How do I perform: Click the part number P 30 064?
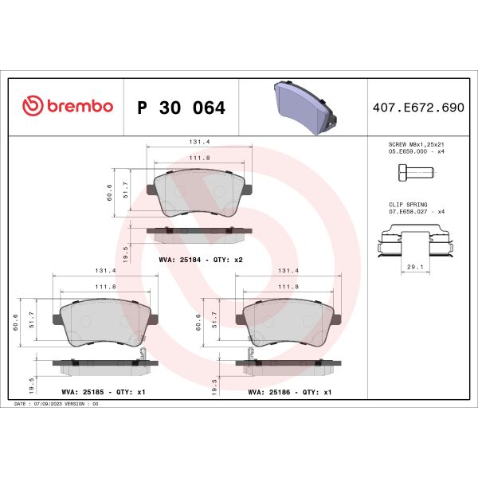[181, 108]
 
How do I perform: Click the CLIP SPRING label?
[402, 205]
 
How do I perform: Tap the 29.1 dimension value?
[413, 268]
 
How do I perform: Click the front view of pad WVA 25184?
[200, 194]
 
